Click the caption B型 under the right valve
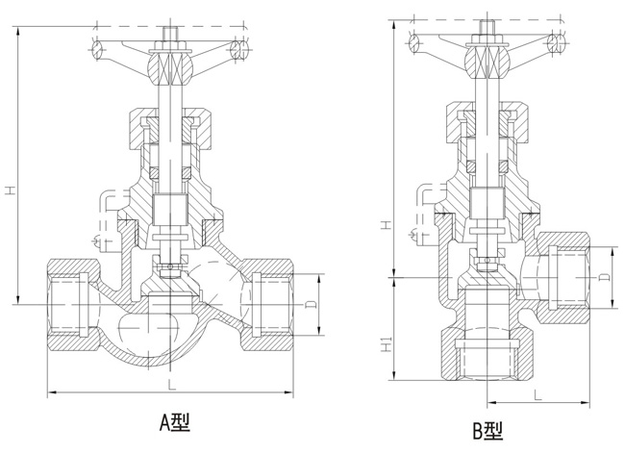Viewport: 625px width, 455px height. click(487, 432)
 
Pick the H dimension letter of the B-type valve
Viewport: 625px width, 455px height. click(385, 224)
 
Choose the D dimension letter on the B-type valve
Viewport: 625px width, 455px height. click(602, 277)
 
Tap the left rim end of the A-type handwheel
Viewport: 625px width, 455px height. click(101, 49)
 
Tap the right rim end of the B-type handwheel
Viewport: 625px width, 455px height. click(557, 43)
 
